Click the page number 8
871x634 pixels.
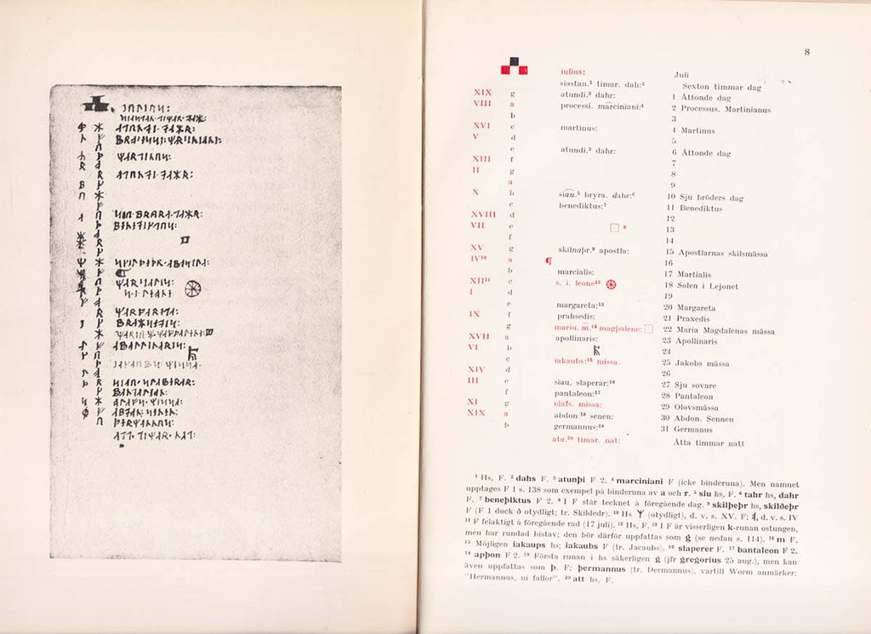point(806,52)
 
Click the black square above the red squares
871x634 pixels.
point(513,60)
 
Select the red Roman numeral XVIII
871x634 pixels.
point(483,214)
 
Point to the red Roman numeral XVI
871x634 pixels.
point(481,124)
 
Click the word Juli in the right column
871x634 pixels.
point(681,75)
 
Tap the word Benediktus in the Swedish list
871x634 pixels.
point(701,208)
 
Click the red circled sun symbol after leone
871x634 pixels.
point(610,283)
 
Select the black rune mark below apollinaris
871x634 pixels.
point(597,349)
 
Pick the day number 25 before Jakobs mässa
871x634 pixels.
point(668,363)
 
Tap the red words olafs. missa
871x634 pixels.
point(578,405)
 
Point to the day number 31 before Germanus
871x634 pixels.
point(668,429)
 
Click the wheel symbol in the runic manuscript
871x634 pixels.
point(193,288)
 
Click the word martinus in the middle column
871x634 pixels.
point(578,129)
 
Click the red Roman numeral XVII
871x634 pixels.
point(480,336)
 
